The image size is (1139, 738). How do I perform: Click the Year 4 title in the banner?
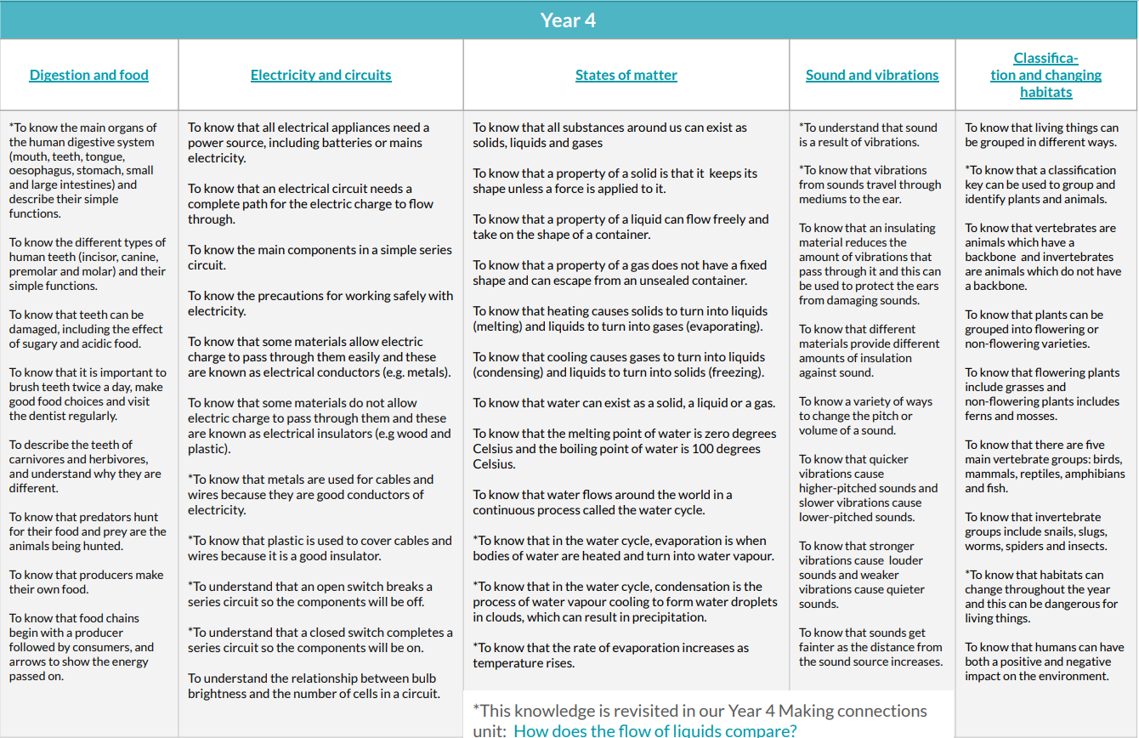[568, 20]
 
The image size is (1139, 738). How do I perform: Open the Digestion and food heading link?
[88, 75]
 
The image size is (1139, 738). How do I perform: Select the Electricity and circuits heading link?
[320, 75]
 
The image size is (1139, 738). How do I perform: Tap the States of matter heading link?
[626, 75]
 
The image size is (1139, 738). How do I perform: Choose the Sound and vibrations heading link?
[872, 75]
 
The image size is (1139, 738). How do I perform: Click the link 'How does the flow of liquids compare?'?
[654, 730]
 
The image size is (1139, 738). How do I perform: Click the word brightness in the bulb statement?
[217, 693]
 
